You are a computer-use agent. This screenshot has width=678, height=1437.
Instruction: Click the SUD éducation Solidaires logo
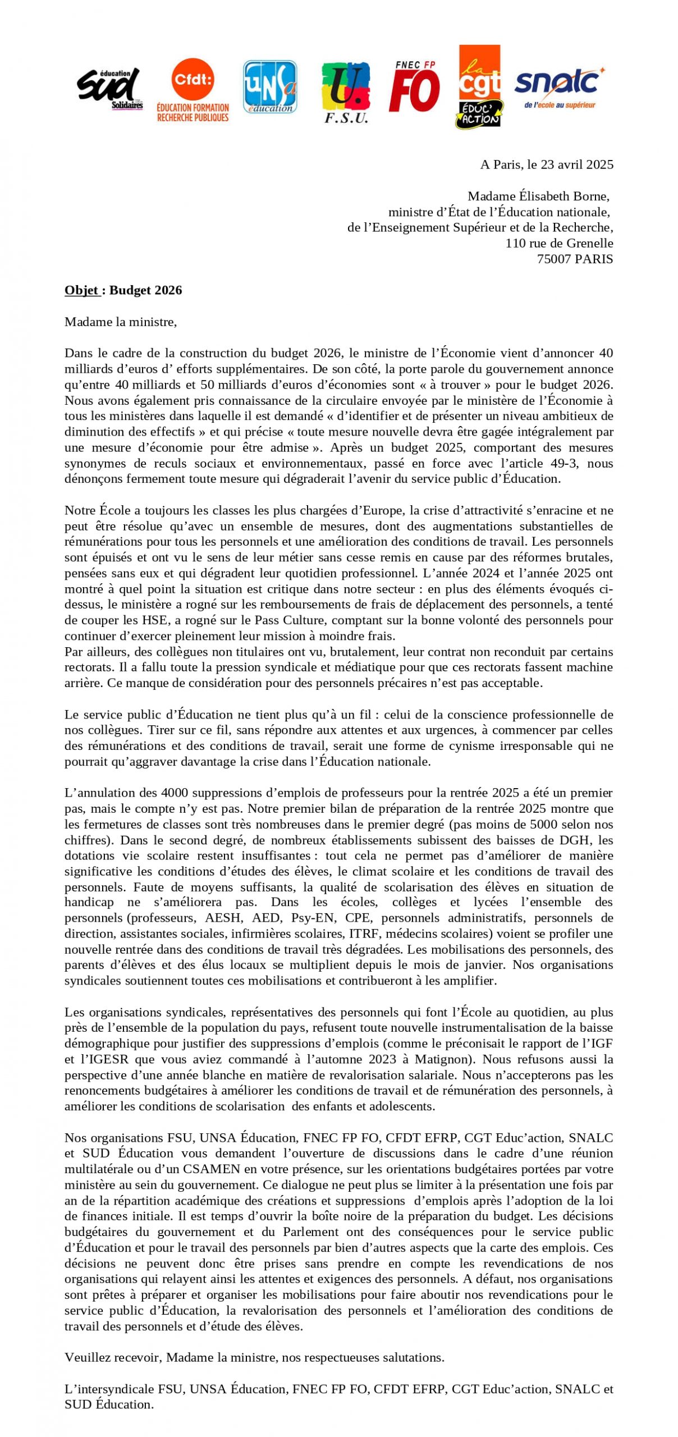pos(109,88)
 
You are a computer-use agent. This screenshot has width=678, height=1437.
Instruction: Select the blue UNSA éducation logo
pos(269,87)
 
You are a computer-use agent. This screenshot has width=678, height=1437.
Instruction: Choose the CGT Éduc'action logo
pos(479,87)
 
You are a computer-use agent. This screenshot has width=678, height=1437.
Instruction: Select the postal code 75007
pos(554,259)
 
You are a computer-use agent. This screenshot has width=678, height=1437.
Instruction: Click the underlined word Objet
pos(81,290)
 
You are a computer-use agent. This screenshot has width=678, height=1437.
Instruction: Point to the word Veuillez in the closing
pos(84,1357)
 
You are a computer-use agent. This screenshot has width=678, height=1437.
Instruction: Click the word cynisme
pos(461,745)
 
